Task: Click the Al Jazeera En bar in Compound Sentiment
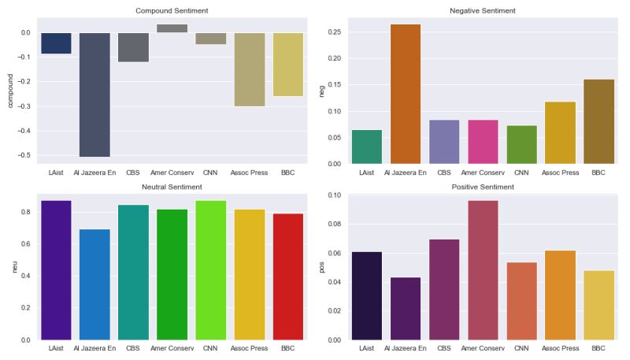(94, 95)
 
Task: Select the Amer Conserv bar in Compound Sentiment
(172, 28)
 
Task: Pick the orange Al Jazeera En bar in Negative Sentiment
(406, 94)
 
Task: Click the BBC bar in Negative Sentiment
(598, 121)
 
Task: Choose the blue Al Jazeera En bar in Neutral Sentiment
(94, 284)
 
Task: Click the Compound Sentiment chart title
(172, 11)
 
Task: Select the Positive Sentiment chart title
(483, 187)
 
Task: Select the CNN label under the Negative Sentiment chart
(521, 172)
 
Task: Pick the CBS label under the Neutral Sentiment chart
(133, 347)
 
